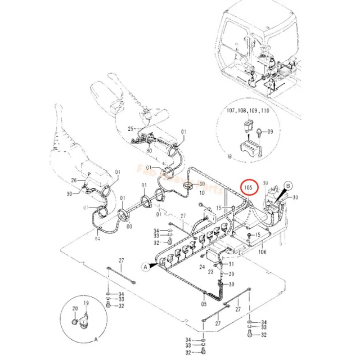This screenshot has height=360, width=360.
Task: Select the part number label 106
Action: [262, 251]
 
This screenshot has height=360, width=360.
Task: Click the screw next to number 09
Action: [258, 133]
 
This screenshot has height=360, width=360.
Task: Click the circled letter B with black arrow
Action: [287, 184]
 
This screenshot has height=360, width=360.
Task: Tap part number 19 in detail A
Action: [86, 303]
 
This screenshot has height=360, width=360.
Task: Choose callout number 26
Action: [74, 180]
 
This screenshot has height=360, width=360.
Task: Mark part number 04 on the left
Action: [97, 238]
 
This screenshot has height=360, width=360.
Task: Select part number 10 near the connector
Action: [202, 192]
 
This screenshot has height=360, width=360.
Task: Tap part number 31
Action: [230, 264]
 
